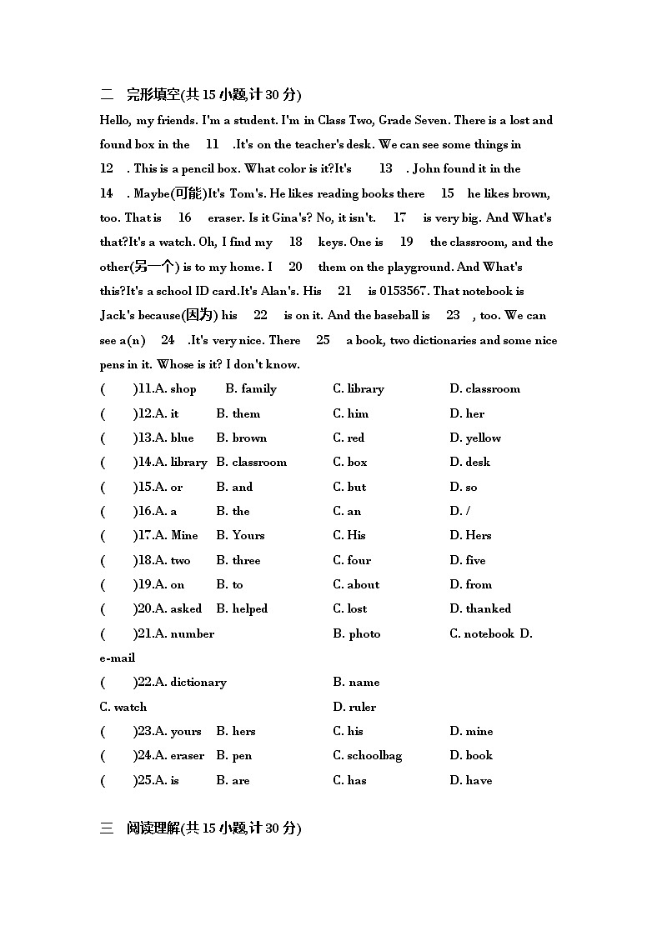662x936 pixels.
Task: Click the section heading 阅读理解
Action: pos(153,828)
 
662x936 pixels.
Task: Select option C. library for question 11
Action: pos(359,388)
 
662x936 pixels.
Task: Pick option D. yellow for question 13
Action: pos(475,438)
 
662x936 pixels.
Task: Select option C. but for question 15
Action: pos(349,487)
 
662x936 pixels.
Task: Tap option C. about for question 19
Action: pos(356,584)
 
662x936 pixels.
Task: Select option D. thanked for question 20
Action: pos(480,608)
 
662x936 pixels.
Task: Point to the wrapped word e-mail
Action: pos(118,658)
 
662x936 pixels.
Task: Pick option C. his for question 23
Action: pos(348,731)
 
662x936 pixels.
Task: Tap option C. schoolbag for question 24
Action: pos(367,755)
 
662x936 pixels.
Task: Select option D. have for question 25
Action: pos(470,780)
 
